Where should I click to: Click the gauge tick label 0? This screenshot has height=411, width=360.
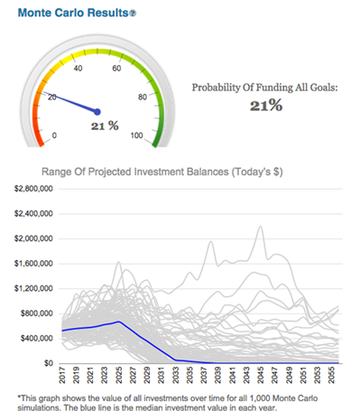55,135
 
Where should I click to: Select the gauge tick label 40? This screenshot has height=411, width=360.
78,69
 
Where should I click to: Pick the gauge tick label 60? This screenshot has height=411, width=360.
116,69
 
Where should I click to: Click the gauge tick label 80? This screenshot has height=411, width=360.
142,97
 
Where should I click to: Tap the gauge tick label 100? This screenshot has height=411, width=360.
137,135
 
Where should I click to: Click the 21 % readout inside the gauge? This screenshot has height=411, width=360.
105,126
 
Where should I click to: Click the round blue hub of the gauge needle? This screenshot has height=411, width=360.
97,112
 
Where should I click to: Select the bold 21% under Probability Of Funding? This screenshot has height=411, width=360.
266,107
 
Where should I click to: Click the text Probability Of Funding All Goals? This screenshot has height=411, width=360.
266,88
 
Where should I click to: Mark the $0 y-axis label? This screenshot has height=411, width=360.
50,362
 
